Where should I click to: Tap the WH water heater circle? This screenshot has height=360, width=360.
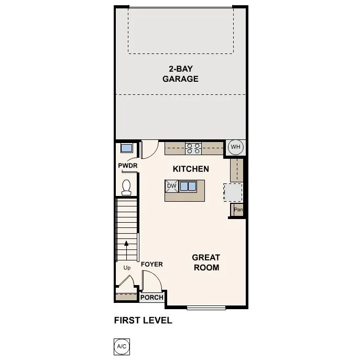coord(235,147)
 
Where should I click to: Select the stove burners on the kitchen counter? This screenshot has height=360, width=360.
coord(193,148)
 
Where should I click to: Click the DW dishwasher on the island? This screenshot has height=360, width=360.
coord(171,186)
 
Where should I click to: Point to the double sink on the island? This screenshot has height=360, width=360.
coord(188,186)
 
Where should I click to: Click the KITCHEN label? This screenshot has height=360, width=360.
coord(191,169)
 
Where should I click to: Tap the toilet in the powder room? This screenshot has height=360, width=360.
coord(126,187)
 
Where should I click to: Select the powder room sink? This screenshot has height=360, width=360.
coord(126,147)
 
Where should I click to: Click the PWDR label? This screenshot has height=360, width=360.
coord(127,167)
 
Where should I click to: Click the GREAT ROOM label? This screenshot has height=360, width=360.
coord(205,262)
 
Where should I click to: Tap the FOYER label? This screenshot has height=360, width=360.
coord(152,264)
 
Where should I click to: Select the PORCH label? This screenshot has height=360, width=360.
coord(152,298)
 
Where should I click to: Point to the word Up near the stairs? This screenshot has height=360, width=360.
coord(127,268)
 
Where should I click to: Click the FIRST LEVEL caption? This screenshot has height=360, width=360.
coord(143,320)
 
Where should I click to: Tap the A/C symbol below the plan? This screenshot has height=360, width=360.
coord(121,346)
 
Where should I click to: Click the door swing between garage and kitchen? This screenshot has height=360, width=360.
coord(149,149)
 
